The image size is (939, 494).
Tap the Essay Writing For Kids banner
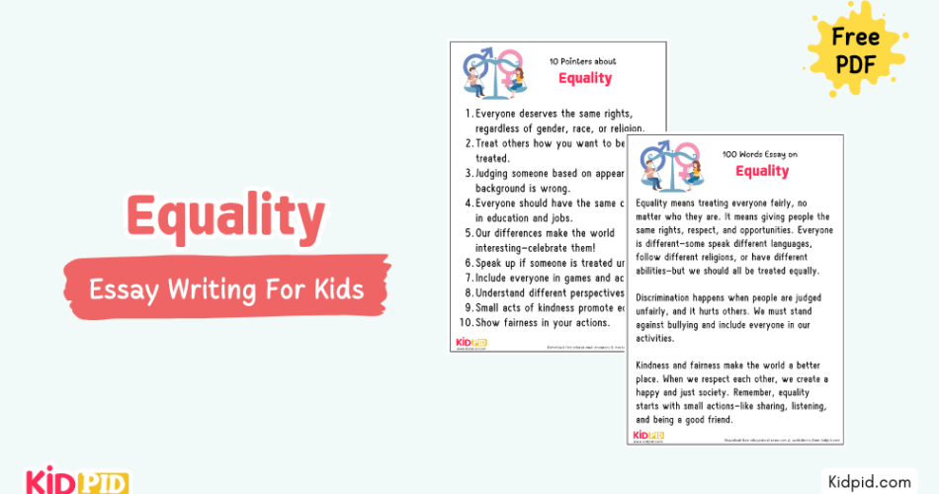tap(226, 289)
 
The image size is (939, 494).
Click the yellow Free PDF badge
tap(856, 51)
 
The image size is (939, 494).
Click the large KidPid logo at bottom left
tap(64, 482)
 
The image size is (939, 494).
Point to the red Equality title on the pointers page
tap(585, 78)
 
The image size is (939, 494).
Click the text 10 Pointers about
tap(585, 60)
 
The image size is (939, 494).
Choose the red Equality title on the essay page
tap(762, 171)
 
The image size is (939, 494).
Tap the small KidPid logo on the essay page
tap(648, 435)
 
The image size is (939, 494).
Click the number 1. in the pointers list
tap(469, 114)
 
